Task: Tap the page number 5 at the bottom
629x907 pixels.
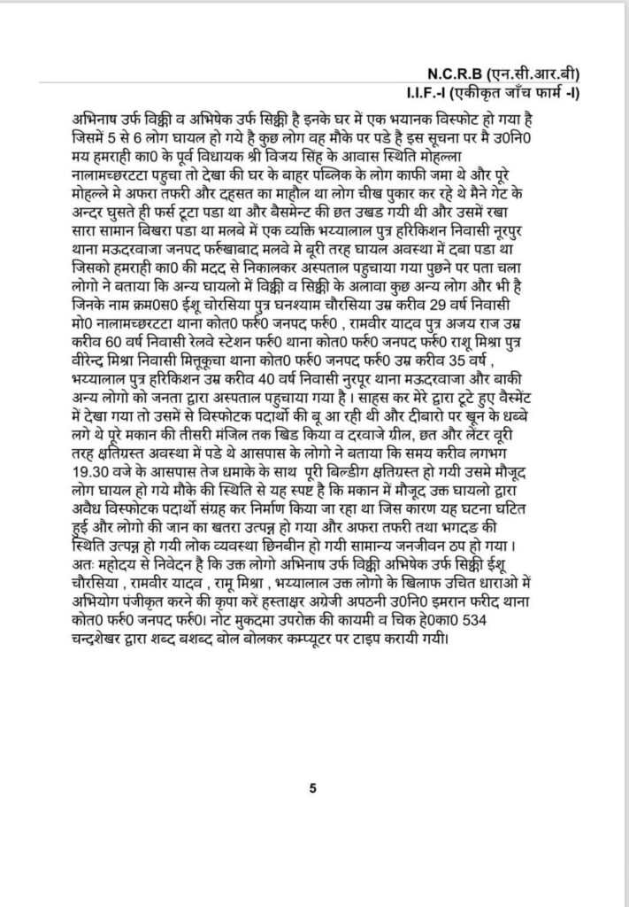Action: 313,787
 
